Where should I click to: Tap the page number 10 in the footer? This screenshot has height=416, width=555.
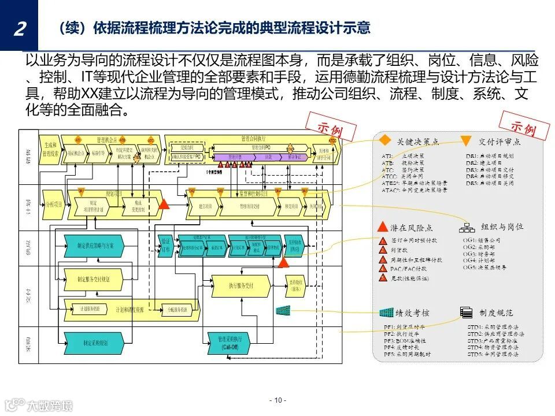277,400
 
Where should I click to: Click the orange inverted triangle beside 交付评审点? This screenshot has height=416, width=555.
466,141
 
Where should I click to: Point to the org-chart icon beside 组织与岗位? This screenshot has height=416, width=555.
466,227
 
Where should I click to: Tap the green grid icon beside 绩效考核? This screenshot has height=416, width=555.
386,313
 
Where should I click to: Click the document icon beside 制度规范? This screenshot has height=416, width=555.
466,313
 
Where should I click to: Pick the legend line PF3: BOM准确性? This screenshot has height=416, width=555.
405,340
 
